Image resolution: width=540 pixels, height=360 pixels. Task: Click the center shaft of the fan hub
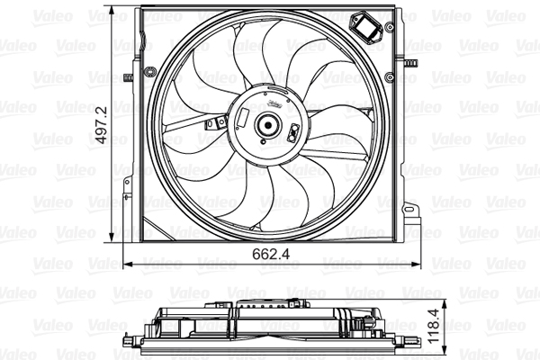[268, 126]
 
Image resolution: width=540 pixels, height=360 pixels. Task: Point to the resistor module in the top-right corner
[369, 28]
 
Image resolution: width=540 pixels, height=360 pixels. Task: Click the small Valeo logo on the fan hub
[272, 104]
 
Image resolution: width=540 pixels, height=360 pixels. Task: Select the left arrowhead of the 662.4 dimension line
[126, 264]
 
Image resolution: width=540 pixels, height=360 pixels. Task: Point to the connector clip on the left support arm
[213, 124]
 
